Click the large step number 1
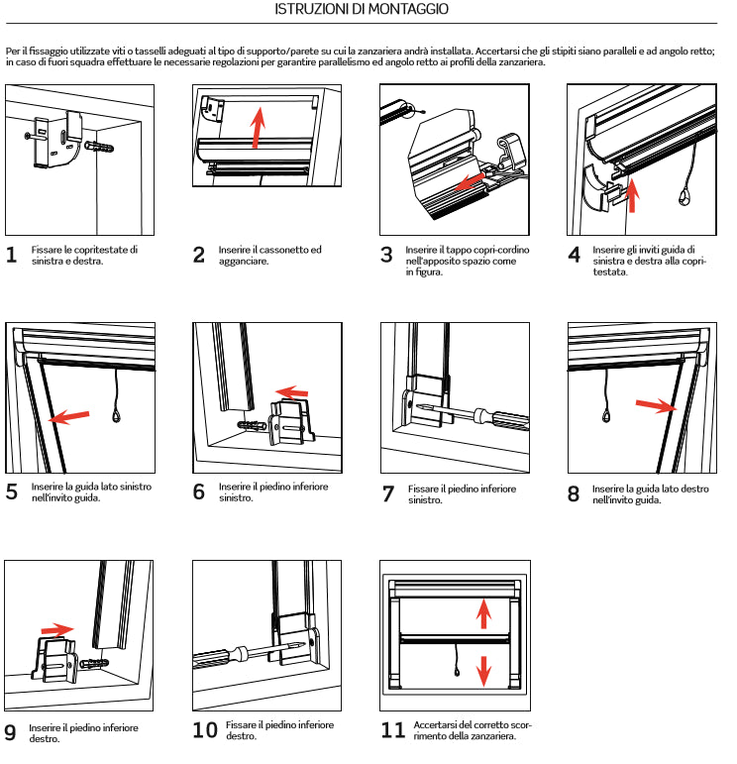[11, 255]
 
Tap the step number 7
[387, 493]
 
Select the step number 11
[393, 730]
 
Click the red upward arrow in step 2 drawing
[258, 126]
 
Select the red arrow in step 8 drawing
[655, 406]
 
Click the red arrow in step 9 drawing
[56, 628]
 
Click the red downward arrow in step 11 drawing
[483, 669]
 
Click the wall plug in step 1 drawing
[100, 150]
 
